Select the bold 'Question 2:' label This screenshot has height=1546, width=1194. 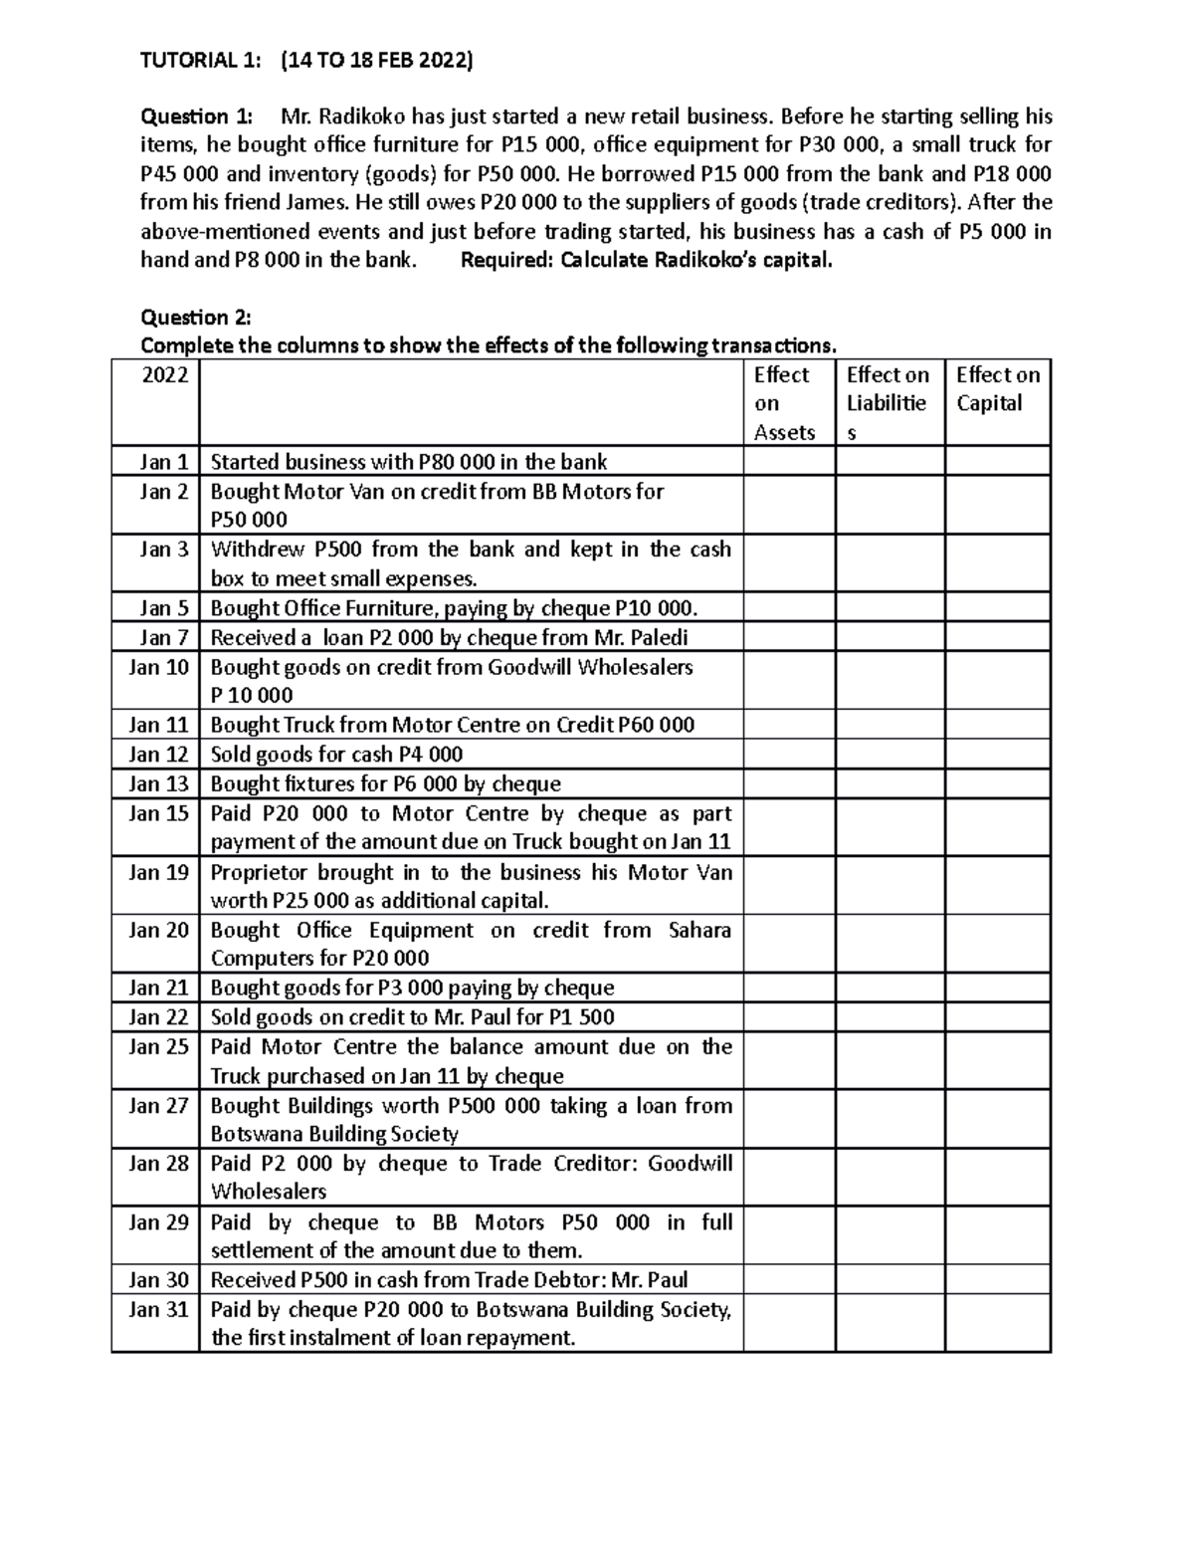pyautogui.click(x=196, y=318)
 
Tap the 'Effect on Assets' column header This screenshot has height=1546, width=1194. pyautogui.click(x=784, y=403)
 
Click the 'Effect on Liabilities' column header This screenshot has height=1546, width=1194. pyautogui.click(x=888, y=403)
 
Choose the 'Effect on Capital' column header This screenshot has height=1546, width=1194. pyautogui.click(x=997, y=389)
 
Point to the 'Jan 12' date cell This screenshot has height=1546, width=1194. pyautogui.click(x=158, y=755)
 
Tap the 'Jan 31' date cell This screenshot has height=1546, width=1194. pyautogui.click(x=158, y=1310)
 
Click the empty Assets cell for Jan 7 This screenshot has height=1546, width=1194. pyautogui.click(x=789, y=637)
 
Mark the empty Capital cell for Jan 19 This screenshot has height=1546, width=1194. pyautogui.click(x=997, y=886)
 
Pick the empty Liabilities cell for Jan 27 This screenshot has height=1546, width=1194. pyautogui.click(x=890, y=1120)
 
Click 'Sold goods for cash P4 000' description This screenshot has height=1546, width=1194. pyautogui.click(x=336, y=755)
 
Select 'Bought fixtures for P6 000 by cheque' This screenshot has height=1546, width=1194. pyautogui.click(x=385, y=784)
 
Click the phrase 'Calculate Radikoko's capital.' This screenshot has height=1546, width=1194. pyautogui.click(x=696, y=261)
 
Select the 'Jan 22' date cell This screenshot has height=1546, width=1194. pyautogui.click(x=158, y=1017)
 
